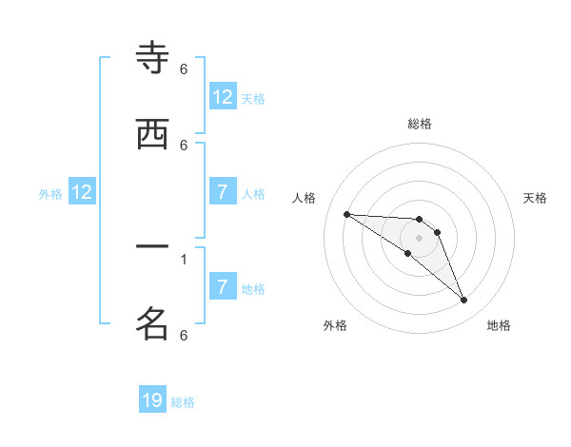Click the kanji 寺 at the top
coord(152,59)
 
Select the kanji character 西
coord(152,134)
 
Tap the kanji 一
coord(152,247)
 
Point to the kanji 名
coord(152,323)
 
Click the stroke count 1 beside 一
coord(184,258)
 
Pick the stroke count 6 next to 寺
coord(184,69)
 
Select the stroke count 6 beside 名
coord(184,335)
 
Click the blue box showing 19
coord(152,400)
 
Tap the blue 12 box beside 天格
coord(223,96)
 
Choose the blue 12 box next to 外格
coord(82,192)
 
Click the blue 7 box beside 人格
coord(223,192)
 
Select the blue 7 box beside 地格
coord(223,286)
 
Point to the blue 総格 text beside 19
coord(183,402)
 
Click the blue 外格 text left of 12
coord(50,194)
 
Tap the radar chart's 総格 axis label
coord(419,124)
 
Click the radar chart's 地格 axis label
coord(499,325)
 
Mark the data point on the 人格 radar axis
coord(347,214)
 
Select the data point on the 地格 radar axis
coord(464,301)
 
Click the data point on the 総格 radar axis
coord(419,219)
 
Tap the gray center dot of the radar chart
coord(419,238)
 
